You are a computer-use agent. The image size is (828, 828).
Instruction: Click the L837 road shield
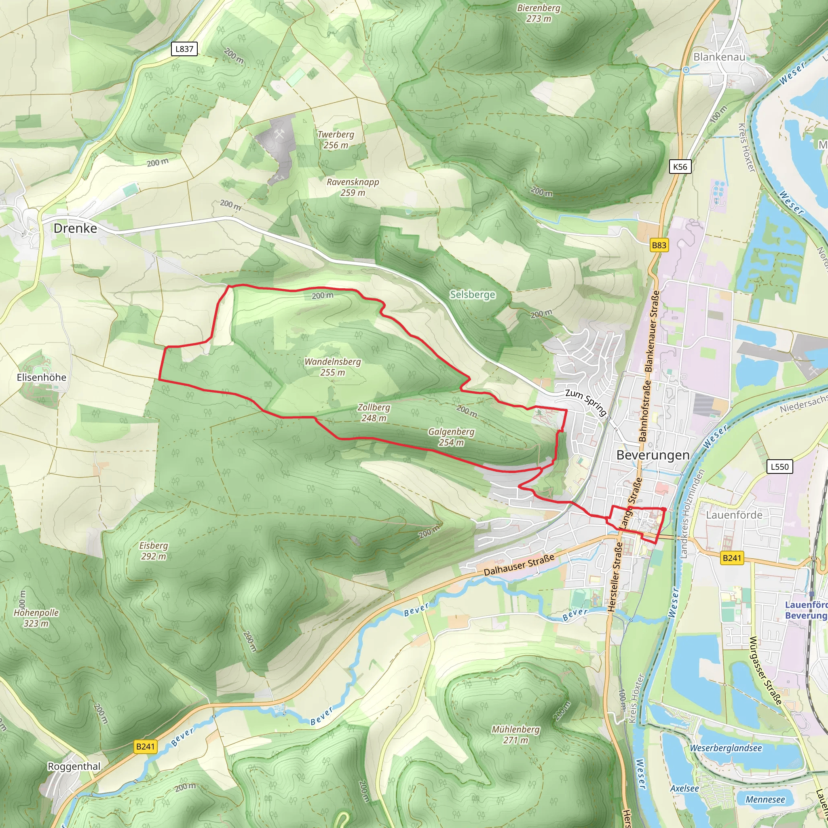(184, 49)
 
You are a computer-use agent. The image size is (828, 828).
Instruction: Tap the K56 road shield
(680, 167)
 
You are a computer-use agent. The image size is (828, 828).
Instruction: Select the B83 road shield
(659, 245)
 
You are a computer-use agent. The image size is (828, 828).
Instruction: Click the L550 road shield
(779, 467)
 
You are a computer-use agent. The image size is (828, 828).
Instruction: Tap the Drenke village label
(76, 228)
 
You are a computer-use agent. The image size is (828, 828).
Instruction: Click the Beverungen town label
(653, 455)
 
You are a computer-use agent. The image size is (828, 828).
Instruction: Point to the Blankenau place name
(719, 57)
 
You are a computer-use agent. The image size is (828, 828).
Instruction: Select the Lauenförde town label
(734, 515)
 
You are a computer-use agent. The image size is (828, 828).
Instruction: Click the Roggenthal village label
(74, 766)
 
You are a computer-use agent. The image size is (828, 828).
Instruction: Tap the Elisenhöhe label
(42, 378)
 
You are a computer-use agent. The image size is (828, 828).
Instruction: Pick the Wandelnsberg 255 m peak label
(333, 367)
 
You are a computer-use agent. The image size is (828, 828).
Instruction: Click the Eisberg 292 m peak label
(153, 551)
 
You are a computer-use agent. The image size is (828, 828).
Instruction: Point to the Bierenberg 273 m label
(539, 13)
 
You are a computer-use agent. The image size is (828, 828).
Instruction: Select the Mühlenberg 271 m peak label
(515, 735)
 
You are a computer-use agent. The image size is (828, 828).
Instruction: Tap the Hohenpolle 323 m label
(36, 618)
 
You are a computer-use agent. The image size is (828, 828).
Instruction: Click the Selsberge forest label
(472, 294)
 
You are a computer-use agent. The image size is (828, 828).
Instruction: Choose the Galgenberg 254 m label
(451, 437)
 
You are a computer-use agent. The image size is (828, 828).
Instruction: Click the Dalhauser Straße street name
(519, 565)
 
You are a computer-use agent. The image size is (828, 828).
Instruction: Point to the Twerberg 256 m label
(336, 140)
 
